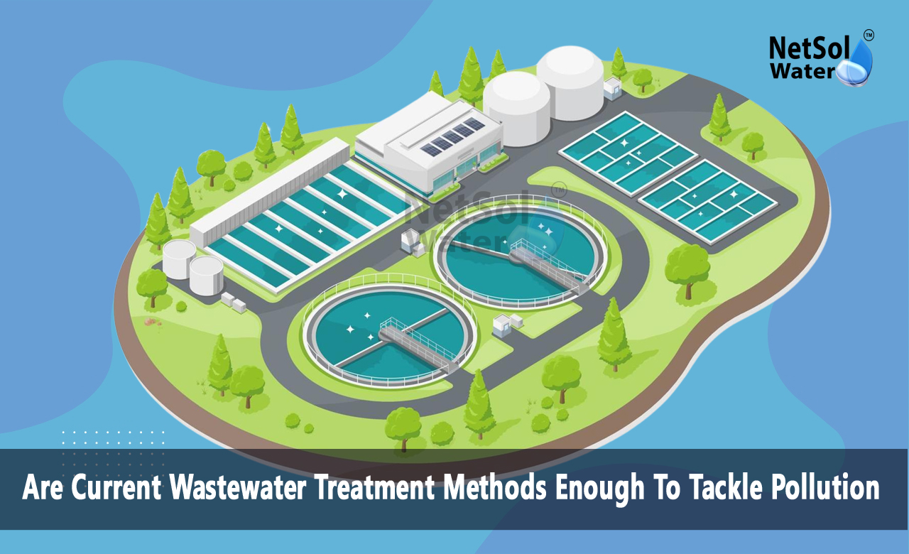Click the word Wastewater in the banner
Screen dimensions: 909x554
click(x=237, y=487)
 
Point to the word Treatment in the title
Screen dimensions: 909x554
click(x=374, y=487)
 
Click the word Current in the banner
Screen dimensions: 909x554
click(x=116, y=487)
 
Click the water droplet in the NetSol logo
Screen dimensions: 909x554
click(x=856, y=65)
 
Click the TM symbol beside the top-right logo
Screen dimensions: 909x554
click(x=869, y=36)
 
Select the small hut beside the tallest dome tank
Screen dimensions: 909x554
click(x=612, y=89)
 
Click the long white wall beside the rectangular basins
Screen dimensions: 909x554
click(x=270, y=192)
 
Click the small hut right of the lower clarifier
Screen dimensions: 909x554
click(x=507, y=325)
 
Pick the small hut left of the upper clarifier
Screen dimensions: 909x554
click(x=413, y=243)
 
